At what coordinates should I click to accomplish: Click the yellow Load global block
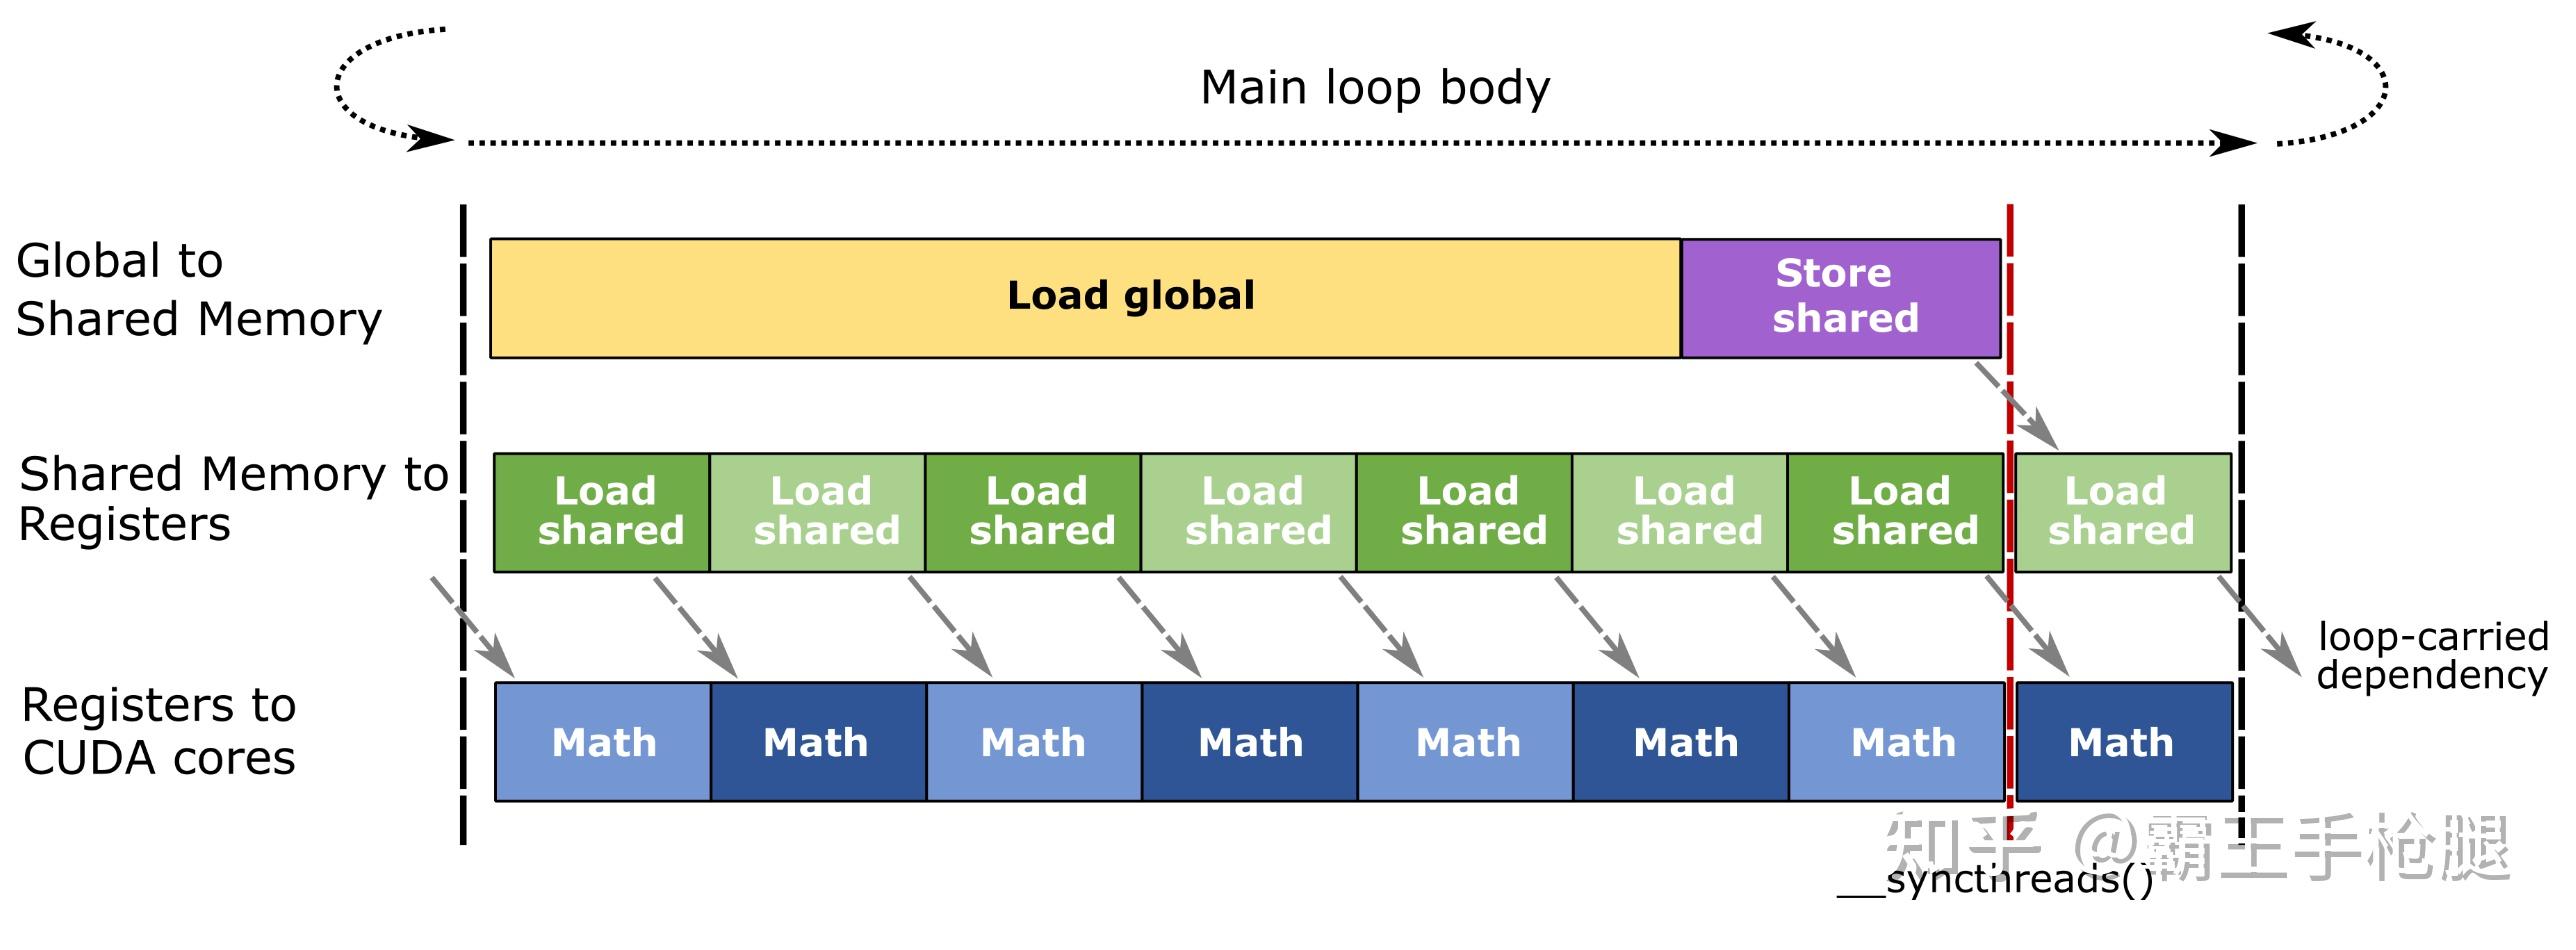tap(1085, 298)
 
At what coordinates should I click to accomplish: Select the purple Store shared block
tap(1841, 298)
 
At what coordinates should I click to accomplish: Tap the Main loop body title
tap(1375, 88)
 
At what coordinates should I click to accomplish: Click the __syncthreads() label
tap(1995, 881)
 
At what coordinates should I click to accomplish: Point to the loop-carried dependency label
tap(2432, 656)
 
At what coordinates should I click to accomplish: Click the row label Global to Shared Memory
tap(199, 290)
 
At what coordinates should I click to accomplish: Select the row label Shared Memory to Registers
tap(233, 499)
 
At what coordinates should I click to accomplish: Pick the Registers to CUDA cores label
tap(159, 731)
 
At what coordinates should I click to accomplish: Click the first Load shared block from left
tap(602, 513)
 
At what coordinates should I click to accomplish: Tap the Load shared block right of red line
tap(2123, 513)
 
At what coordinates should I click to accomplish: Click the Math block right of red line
tap(2124, 742)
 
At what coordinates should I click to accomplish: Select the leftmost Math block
tap(603, 742)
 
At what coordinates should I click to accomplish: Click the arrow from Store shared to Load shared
tap(2017, 406)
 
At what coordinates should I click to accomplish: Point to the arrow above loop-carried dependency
tap(2259, 627)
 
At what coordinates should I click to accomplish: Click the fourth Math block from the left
tap(1250, 742)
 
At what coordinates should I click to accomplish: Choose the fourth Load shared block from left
tap(1249, 513)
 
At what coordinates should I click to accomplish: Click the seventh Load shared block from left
tap(1896, 513)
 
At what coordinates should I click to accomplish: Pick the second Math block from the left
tap(819, 742)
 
